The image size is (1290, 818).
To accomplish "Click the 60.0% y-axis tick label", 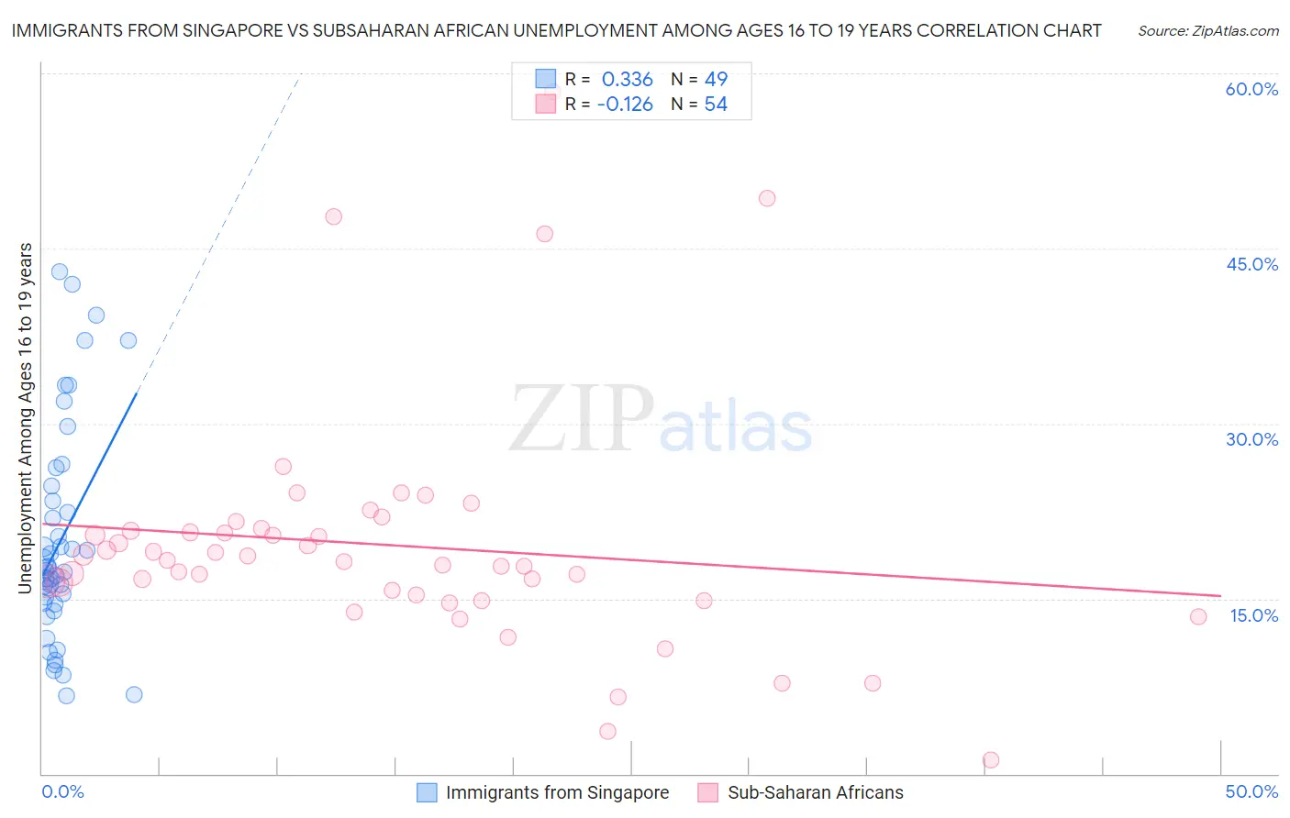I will (1251, 89).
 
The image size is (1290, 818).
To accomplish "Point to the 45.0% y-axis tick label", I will (1251, 264).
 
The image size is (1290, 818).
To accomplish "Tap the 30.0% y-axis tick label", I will (1251, 439).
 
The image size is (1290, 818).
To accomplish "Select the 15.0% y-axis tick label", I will (1253, 615).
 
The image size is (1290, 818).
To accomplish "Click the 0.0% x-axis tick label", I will (62, 791).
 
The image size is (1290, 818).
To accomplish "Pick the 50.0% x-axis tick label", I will (1251, 791).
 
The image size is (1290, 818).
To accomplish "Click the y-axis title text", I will (26, 418).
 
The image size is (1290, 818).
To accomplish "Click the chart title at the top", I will (556, 30).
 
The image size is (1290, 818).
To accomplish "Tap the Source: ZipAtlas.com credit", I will (1208, 31).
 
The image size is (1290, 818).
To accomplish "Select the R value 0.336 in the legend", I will (627, 80).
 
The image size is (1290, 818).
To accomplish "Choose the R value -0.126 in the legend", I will (625, 105).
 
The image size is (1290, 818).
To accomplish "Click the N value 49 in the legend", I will (716, 80).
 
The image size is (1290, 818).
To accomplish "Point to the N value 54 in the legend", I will (716, 105).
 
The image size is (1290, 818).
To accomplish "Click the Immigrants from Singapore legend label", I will (557, 792).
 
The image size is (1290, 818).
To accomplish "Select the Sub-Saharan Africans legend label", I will (815, 792).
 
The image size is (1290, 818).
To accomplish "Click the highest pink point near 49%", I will (767, 198).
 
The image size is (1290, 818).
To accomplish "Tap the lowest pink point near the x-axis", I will (991, 759).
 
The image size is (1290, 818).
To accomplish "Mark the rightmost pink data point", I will (1198, 616).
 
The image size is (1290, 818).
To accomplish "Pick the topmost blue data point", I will (60, 271).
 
